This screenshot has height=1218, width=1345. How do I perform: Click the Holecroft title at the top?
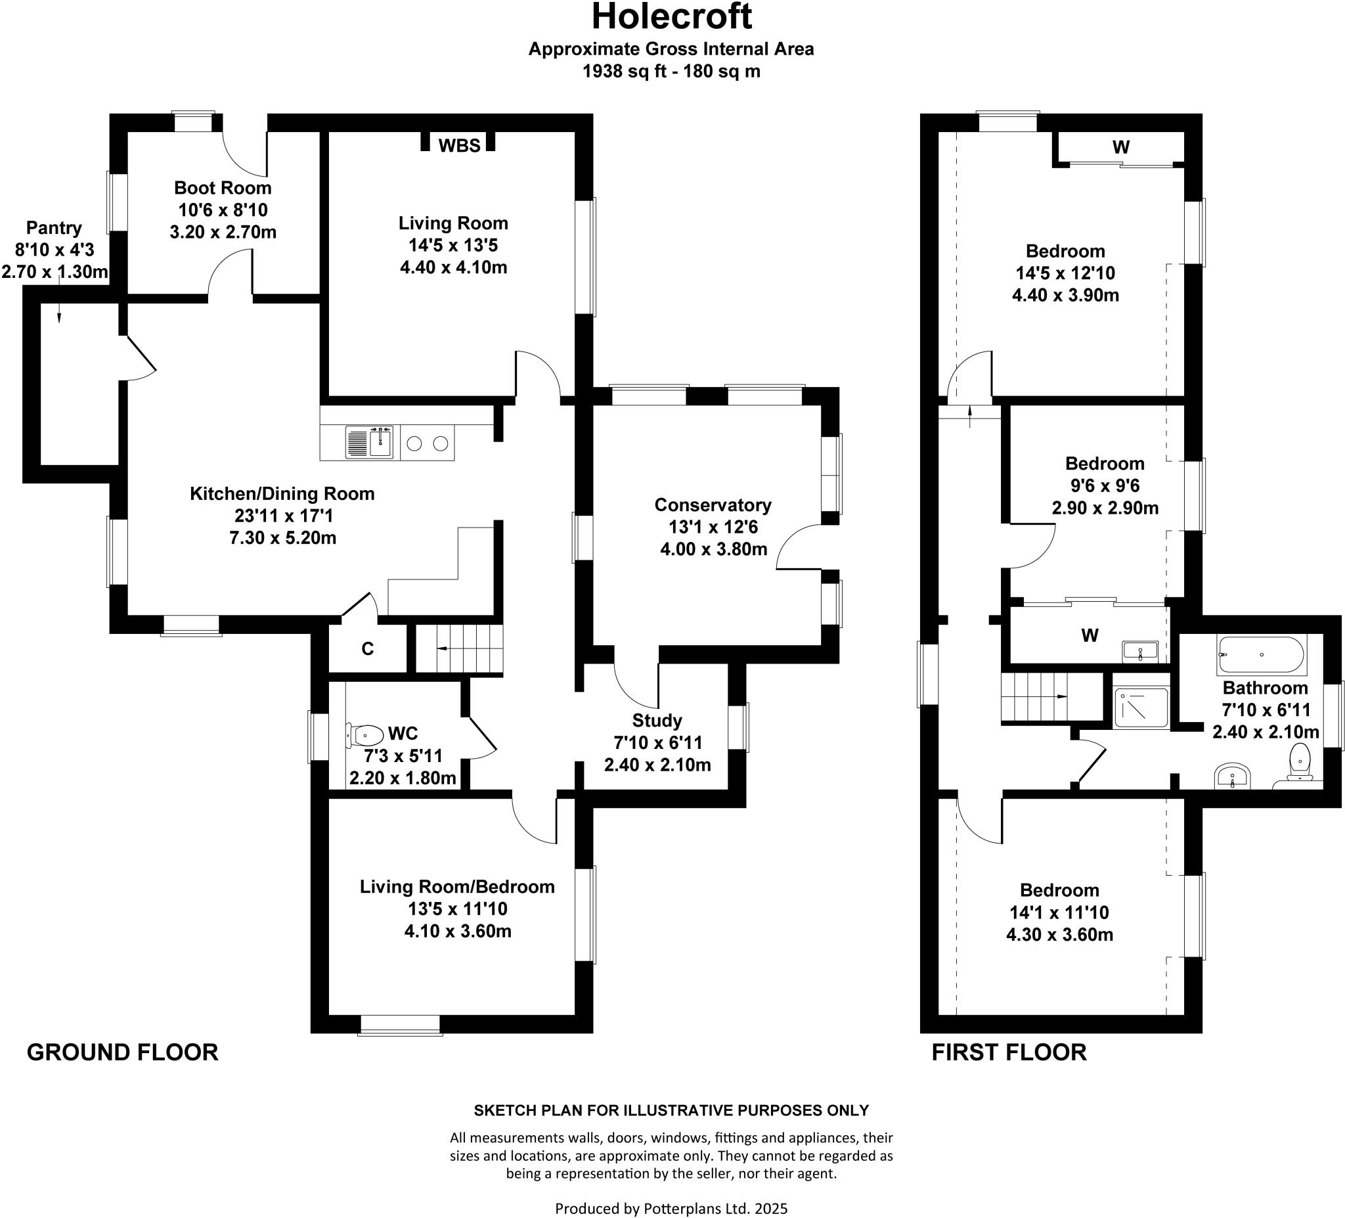pyautogui.click(x=671, y=16)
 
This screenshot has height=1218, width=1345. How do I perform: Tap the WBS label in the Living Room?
pyautogui.click(x=459, y=145)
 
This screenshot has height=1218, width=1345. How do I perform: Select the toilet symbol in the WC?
pyautogui.click(x=364, y=736)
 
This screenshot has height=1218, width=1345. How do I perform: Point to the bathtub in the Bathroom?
pyautogui.click(x=1260, y=655)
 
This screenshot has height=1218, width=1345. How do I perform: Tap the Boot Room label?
pyautogui.click(x=223, y=187)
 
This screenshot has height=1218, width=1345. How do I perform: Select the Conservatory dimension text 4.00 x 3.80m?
pyautogui.click(x=713, y=549)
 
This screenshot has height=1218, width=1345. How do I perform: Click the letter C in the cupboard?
pyautogui.click(x=367, y=648)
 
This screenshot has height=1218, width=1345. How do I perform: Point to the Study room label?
pyautogui.click(x=657, y=720)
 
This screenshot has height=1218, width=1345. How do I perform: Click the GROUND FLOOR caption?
pyautogui.click(x=122, y=1052)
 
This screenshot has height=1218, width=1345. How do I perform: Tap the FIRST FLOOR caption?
pyautogui.click(x=1009, y=1052)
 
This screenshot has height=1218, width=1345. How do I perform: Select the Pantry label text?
pyautogui.click(x=53, y=227)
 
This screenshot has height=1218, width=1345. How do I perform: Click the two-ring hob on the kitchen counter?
pyautogui.click(x=427, y=443)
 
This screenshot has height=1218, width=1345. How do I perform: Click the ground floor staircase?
pyautogui.click(x=458, y=648)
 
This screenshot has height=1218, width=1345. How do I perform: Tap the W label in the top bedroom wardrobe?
pyautogui.click(x=1121, y=148)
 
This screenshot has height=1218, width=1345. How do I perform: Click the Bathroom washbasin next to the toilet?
pyautogui.click(x=1231, y=776)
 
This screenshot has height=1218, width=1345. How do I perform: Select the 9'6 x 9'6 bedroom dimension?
pyautogui.click(x=1105, y=485)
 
